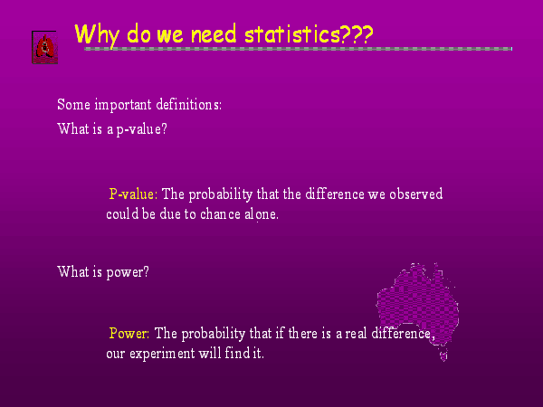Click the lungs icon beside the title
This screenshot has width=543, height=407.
coord(45,47)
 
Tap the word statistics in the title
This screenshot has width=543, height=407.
coord(292,34)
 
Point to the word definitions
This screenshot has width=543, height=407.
coord(189,104)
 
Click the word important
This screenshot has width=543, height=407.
coord(123,105)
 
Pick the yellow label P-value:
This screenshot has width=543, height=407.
coord(133,194)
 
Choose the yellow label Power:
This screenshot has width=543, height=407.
coord(129,333)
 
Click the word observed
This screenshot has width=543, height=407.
coord(416,194)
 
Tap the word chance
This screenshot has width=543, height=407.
coord(220,213)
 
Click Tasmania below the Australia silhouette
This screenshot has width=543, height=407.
coord(443,355)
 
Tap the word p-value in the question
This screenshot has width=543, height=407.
coord(142,129)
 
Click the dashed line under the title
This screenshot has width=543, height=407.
coord(298,49)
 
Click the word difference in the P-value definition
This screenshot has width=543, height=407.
coord(335,194)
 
